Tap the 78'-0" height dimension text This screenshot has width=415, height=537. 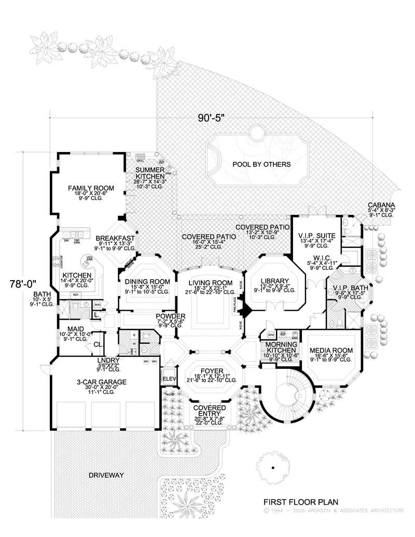pyautogui.click(x=24, y=284)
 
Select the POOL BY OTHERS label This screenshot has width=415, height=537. pyautogui.click(x=254, y=164)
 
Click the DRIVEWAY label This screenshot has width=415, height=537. pyautogui.click(x=106, y=475)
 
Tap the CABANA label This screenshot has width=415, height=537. pyautogui.click(x=381, y=205)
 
